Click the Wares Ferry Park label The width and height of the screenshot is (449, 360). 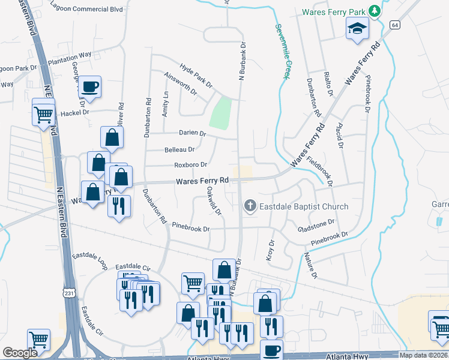pyautogui.click(x=334, y=11)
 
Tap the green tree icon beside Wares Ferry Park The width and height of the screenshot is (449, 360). pyautogui.click(x=375, y=11)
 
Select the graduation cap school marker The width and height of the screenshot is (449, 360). pyautogui.click(x=357, y=29)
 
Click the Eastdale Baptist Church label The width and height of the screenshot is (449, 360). pyautogui.click(x=303, y=207)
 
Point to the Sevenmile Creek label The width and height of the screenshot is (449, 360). pyautogui.click(x=283, y=50)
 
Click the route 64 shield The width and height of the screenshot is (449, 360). pyautogui.click(x=394, y=25)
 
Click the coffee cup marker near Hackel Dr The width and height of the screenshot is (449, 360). pyautogui.click(x=90, y=87)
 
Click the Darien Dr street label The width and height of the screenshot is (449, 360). pyautogui.click(x=192, y=134)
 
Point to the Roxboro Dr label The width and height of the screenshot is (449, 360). pyautogui.click(x=190, y=164)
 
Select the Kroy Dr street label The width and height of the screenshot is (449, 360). pyautogui.click(x=270, y=250)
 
